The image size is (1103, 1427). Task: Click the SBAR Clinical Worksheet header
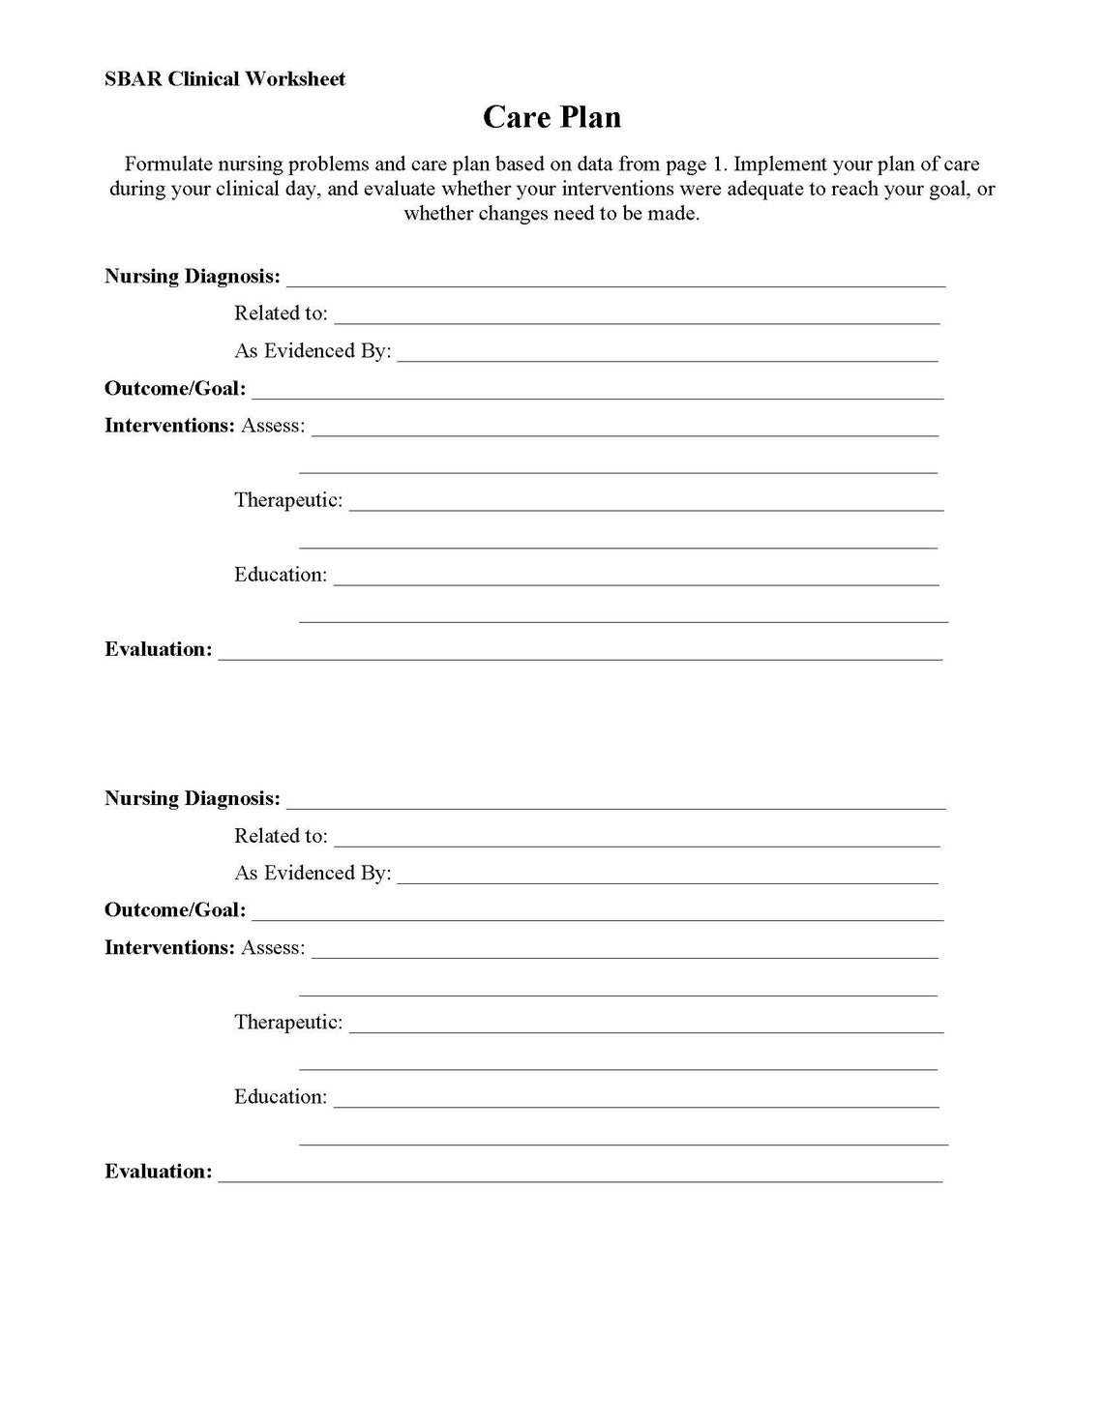224,79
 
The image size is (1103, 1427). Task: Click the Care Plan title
551,117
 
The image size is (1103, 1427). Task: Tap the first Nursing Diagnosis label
193,277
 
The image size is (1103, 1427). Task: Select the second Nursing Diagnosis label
193,798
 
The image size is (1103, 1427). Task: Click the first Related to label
281,313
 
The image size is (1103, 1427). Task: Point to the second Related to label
281,836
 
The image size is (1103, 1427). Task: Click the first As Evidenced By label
313,351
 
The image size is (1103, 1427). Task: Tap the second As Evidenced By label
313,873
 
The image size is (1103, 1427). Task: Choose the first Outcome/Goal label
175,389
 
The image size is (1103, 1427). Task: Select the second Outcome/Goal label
175,910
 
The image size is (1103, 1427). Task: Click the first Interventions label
169,426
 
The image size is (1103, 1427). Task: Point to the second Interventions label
169,948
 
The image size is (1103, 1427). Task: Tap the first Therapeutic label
288,501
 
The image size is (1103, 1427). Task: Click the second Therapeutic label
288,1023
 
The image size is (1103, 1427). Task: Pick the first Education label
281,575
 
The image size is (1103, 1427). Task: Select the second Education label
281,1097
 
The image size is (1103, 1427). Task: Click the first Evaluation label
158,649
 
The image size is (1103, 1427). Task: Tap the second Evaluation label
158,1172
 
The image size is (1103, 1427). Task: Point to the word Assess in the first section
273,426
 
